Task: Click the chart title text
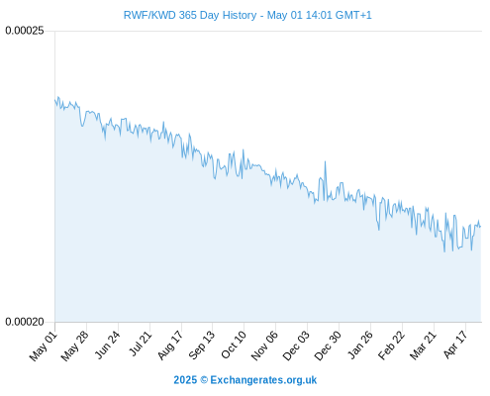(247, 15)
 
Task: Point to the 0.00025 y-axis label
(25, 31)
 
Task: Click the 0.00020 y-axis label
(25, 322)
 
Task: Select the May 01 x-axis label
(44, 346)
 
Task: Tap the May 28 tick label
(75, 346)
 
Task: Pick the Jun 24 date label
(107, 346)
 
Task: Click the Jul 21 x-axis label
(140, 345)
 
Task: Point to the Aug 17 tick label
(170, 346)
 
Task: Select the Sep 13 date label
(201, 346)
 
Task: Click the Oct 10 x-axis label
(234, 346)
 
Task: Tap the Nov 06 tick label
(264, 346)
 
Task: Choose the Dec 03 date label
(296, 346)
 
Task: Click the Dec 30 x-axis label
(328, 346)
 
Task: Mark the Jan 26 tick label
(360, 346)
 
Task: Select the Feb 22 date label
(391, 346)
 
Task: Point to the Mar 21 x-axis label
(423, 346)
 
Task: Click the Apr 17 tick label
(455, 346)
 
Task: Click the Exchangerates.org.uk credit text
(263, 380)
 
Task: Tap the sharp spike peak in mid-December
(325, 161)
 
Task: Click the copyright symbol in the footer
(204, 380)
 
